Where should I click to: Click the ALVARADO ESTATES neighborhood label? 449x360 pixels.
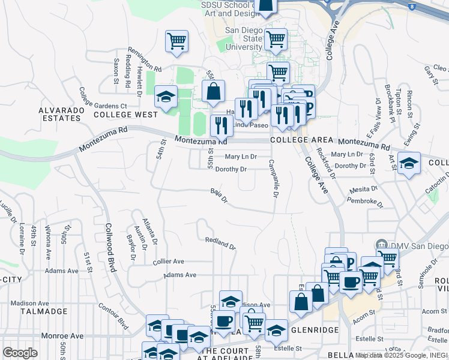coord(59,114)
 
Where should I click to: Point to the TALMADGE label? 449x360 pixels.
coord(42,311)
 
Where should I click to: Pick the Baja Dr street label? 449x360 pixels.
coord(219,195)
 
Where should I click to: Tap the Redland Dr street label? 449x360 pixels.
coord(220,244)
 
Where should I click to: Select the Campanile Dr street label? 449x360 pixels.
coord(273,179)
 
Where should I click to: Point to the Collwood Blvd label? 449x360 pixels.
coord(110,240)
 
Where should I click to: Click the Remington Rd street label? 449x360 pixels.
coord(144,60)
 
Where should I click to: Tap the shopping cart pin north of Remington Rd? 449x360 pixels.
coord(176,41)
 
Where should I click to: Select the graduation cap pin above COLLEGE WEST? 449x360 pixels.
coord(166,96)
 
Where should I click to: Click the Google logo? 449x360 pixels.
coord(20,353)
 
